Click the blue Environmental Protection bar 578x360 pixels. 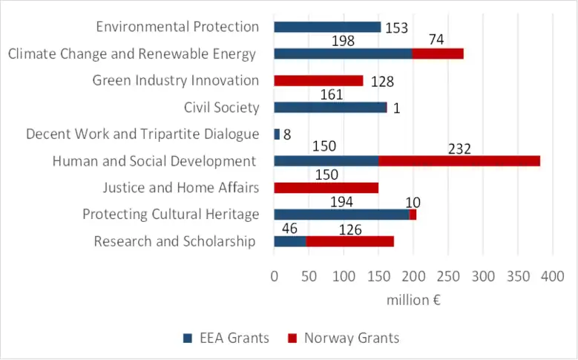point(327,27)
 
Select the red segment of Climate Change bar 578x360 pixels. point(438,53)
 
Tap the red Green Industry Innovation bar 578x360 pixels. point(318,80)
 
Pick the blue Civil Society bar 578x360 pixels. point(330,108)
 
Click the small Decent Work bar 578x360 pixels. point(277,134)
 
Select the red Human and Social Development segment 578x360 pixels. point(459,161)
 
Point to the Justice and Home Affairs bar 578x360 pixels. point(326,188)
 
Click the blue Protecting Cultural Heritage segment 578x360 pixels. point(341,215)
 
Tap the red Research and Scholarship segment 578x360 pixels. point(349,241)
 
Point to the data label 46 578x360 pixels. point(289,229)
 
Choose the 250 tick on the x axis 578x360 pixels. point(448,277)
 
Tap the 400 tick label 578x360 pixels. point(553,277)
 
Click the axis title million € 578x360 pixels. point(413,300)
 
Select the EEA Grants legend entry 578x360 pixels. point(226,338)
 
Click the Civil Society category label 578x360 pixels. point(222,108)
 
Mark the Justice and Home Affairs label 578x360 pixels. point(181,188)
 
